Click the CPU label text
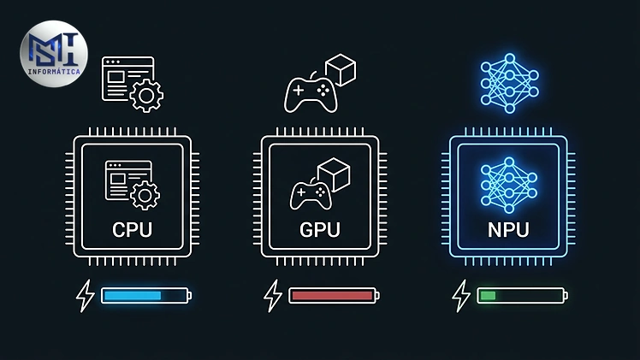133,229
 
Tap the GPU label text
320,229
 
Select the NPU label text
508,229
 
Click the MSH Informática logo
54,54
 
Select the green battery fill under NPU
488,296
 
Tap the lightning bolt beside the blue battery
86,296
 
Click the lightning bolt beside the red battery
273,296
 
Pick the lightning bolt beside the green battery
461,296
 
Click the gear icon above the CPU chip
146,96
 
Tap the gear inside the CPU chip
145,196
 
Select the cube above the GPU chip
341,70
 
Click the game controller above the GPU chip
311,95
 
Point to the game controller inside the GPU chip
311,196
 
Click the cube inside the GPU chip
334,174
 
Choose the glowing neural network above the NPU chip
509,83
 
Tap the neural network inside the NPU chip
509,186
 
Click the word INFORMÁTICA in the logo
54,72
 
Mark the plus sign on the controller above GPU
299,90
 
